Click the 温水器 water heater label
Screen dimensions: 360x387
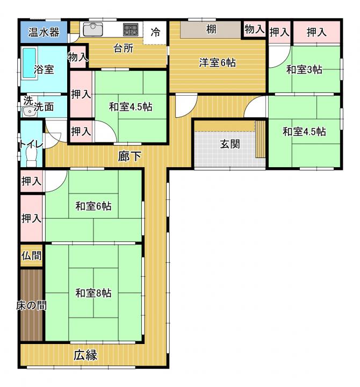44,32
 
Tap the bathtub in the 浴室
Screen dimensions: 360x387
30,63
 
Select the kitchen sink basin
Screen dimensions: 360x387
93,30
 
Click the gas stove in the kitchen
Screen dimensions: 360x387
131,30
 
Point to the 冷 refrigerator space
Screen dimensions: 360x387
155,33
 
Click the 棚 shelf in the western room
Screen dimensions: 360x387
211,30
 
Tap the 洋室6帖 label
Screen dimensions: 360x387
217,62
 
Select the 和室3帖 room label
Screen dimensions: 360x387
304,69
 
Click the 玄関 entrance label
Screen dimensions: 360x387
230,144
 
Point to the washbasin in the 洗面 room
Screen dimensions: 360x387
30,112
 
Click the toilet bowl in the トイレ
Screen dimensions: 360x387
32,157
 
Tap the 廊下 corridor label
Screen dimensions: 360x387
129,156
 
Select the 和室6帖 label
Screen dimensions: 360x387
93,206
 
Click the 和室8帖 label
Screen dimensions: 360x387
93,293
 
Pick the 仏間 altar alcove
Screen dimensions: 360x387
31,256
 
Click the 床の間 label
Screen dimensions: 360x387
32,305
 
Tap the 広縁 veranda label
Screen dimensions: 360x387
85,355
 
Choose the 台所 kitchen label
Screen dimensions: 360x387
124,48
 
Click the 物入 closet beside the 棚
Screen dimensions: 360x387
255,30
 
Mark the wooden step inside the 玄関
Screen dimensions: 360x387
260,139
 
